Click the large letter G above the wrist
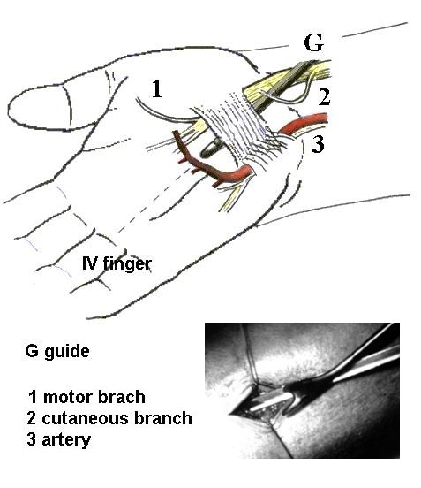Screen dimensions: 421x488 click(314, 42)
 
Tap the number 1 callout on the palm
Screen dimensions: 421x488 click(156, 88)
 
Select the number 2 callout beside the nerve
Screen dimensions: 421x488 click(324, 96)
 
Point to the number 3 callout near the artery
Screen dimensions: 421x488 click(318, 144)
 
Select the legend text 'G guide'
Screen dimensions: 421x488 click(57, 351)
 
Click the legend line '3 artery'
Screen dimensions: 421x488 click(59, 439)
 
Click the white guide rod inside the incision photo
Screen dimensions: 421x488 click(270, 401)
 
